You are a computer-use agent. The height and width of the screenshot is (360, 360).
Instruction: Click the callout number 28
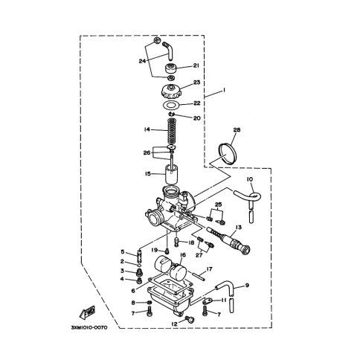[x=237, y=129]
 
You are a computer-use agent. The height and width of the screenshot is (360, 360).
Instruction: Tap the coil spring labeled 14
[x=170, y=132]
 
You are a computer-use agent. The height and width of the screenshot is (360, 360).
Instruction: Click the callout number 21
[x=196, y=65]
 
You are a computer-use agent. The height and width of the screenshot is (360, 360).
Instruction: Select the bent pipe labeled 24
[x=169, y=51]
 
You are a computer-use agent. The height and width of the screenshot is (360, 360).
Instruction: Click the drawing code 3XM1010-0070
[x=89, y=327]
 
